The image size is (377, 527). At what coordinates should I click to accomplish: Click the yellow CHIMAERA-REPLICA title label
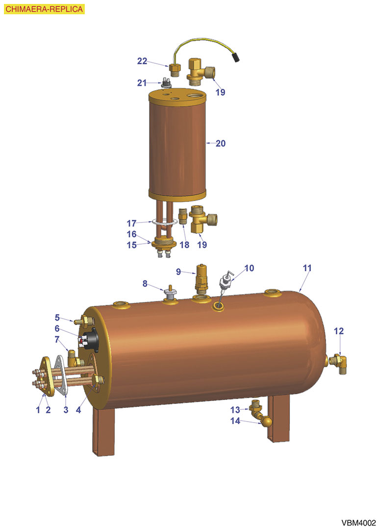click(x=44, y=9)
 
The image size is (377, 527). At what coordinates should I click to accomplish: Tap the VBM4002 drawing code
click(x=358, y=523)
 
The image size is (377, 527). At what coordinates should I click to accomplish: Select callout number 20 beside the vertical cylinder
click(x=221, y=144)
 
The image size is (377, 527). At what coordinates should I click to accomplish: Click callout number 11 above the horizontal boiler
click(x=307, y=268)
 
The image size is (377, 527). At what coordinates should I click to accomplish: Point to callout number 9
click(x=178, y=272)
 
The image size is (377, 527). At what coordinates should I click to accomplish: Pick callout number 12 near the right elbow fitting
click(x=339, y=331)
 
